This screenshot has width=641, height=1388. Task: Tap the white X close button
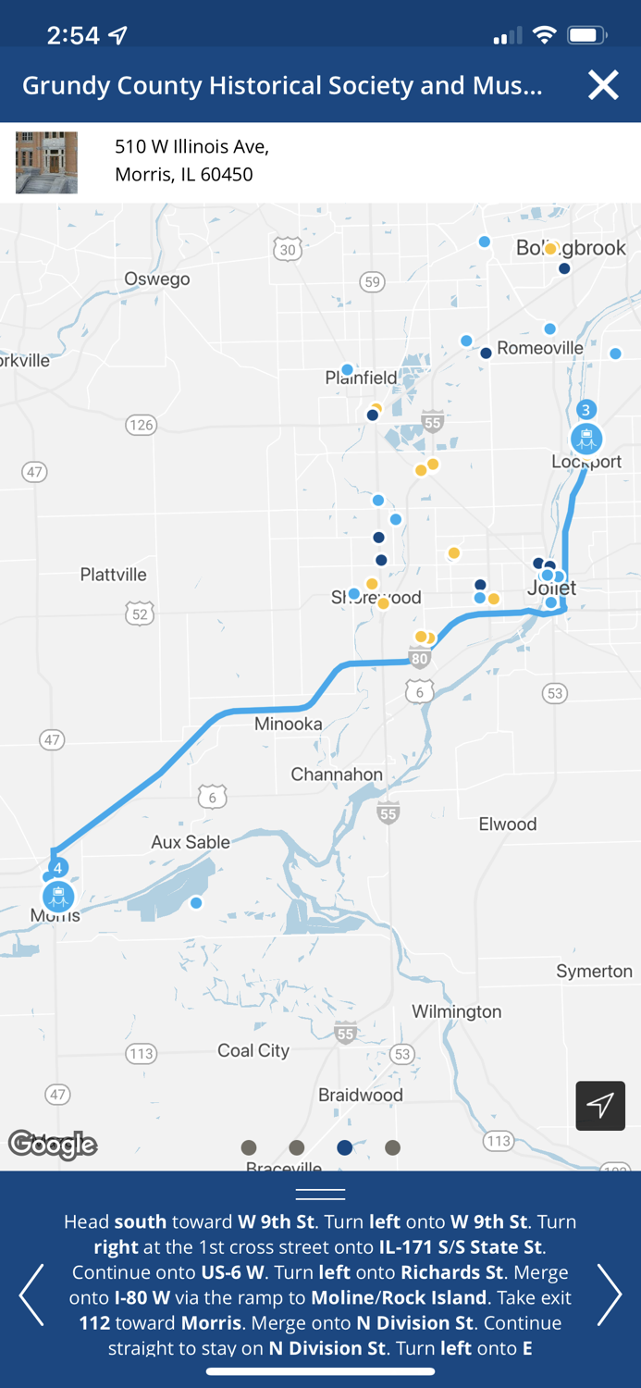coord(603,85)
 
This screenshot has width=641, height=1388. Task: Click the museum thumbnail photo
coord(46,163)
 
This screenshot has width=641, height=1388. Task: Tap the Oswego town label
coord(157,279)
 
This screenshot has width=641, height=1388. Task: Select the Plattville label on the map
coord(113,575)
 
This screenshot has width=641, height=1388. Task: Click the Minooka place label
coord(289,724)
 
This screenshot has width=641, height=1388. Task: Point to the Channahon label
coord(337,775)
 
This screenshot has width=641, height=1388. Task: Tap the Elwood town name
coord(507,824)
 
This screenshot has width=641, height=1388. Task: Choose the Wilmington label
coord(457,1011)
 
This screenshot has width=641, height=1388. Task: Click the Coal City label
coord(253,1050)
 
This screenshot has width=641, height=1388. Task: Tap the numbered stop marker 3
coord(586,410)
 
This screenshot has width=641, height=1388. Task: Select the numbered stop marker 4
coord(57,868)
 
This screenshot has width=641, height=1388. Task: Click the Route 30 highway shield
coord(288,250)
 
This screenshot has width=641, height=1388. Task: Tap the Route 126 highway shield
coord(141,425)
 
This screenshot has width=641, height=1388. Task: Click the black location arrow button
coord(600,1105)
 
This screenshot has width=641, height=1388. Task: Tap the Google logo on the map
coord(53,1145)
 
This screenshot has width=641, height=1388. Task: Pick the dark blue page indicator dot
coord(345,1147)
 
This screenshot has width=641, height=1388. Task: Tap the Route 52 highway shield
coord(140,613)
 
